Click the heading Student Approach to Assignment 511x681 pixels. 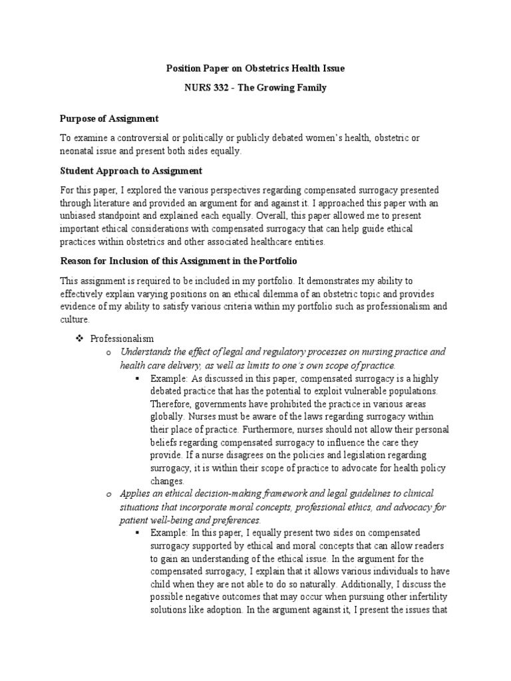coord(131,171)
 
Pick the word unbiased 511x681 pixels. coord(79,216)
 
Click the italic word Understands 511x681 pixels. coord(146,352)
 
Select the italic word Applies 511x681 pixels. coord(134,493)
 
